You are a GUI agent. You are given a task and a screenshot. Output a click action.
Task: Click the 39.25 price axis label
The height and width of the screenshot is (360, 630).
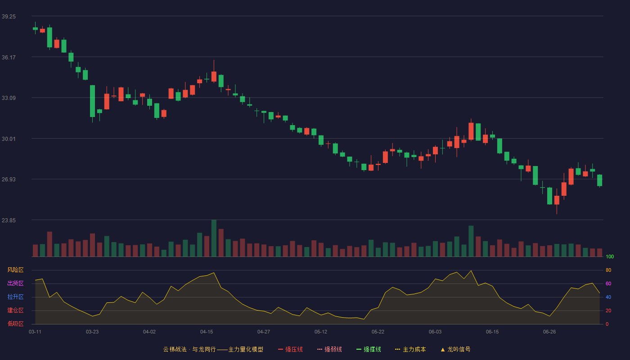[x=9, y=17]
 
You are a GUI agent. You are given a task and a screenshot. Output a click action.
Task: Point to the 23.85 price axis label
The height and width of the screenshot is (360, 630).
[x=9, y=220]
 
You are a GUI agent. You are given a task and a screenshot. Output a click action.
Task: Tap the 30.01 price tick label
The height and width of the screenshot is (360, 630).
[x=9, y=139]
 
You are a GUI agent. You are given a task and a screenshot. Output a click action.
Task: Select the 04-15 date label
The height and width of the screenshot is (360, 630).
[x=207, y=332]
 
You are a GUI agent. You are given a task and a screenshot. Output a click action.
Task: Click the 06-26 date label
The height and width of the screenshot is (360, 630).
[x=549, y=332]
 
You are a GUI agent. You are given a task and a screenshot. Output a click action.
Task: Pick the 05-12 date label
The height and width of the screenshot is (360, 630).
[x=320, y=332]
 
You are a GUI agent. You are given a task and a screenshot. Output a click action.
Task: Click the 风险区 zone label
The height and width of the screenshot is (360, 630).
[x=15, y=270]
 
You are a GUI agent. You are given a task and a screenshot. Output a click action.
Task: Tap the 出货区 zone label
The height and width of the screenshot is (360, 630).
[x=15, y=283]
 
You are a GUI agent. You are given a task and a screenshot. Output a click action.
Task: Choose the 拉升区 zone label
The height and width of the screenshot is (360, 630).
[x=15, y=297]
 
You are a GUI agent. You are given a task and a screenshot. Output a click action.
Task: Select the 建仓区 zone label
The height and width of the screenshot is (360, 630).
[x=15, y=310]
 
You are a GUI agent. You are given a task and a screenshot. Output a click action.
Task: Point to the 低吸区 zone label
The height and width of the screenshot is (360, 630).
[x=15, y=324]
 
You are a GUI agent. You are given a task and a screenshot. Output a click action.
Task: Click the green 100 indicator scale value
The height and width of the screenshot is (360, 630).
[x=610, y=256]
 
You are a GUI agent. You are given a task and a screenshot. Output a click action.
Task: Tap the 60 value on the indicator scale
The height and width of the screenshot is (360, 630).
[x=608, y=283]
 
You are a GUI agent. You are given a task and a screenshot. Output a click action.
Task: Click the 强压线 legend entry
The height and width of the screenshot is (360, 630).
[x=290, y=349]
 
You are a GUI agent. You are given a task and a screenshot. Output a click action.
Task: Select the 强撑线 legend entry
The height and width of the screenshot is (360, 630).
[x=369, y=349]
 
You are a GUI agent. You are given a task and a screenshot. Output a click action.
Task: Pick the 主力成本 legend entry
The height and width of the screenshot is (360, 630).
[x=410, y=349]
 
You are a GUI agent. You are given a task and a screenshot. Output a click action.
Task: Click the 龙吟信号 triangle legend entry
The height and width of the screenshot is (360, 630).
[x=455, y=349]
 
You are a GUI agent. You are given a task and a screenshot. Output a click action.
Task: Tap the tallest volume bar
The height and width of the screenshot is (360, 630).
[x=214, y=238]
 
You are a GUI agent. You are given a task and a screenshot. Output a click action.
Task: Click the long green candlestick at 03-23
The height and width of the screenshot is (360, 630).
[x=92, y=101]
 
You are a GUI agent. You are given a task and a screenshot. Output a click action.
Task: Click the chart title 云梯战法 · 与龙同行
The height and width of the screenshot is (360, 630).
[x=189, y=349]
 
